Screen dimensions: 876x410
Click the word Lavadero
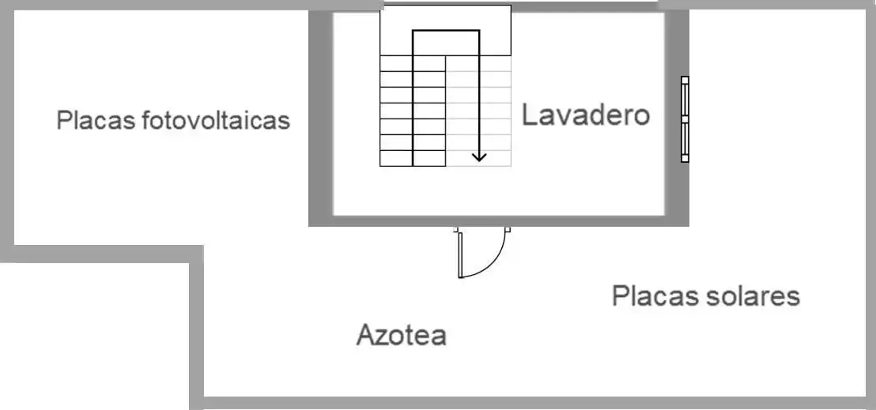click(586, 115)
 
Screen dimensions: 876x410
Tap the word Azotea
click(401, 335)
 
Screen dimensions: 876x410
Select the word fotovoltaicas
click(216, 120)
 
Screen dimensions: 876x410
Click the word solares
click(753, 295)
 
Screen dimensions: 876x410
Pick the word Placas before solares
click(656, 295)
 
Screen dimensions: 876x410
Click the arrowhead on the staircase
click(479, 157)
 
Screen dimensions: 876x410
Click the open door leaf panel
click(460, 254)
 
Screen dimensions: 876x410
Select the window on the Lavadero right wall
click(685, 119)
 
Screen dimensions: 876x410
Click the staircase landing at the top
click(445, 30)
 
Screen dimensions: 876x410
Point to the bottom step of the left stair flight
click(412, 158)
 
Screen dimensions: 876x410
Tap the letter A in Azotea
click(365, 335)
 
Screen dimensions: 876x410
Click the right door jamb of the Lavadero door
click(508, 229)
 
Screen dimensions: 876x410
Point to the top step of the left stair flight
click(412, 63)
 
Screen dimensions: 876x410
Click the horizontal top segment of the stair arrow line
click(446, 30)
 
